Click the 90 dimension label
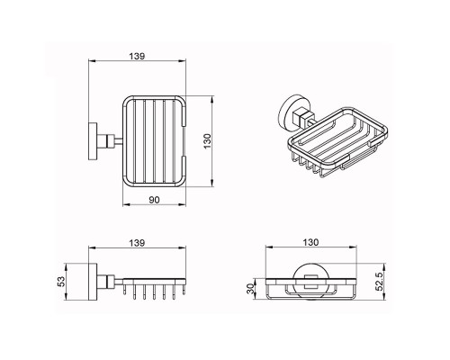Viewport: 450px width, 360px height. point(154,200)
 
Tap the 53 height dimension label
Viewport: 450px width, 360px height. point(61,282)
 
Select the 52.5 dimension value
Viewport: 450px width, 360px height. point(379,282)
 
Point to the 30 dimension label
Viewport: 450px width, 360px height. point(250,289)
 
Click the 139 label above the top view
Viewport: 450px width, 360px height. point(137,56)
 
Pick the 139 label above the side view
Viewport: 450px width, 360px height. point(137,243)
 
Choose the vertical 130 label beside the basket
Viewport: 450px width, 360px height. point(207,141)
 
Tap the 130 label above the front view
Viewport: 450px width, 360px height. point(310,242)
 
